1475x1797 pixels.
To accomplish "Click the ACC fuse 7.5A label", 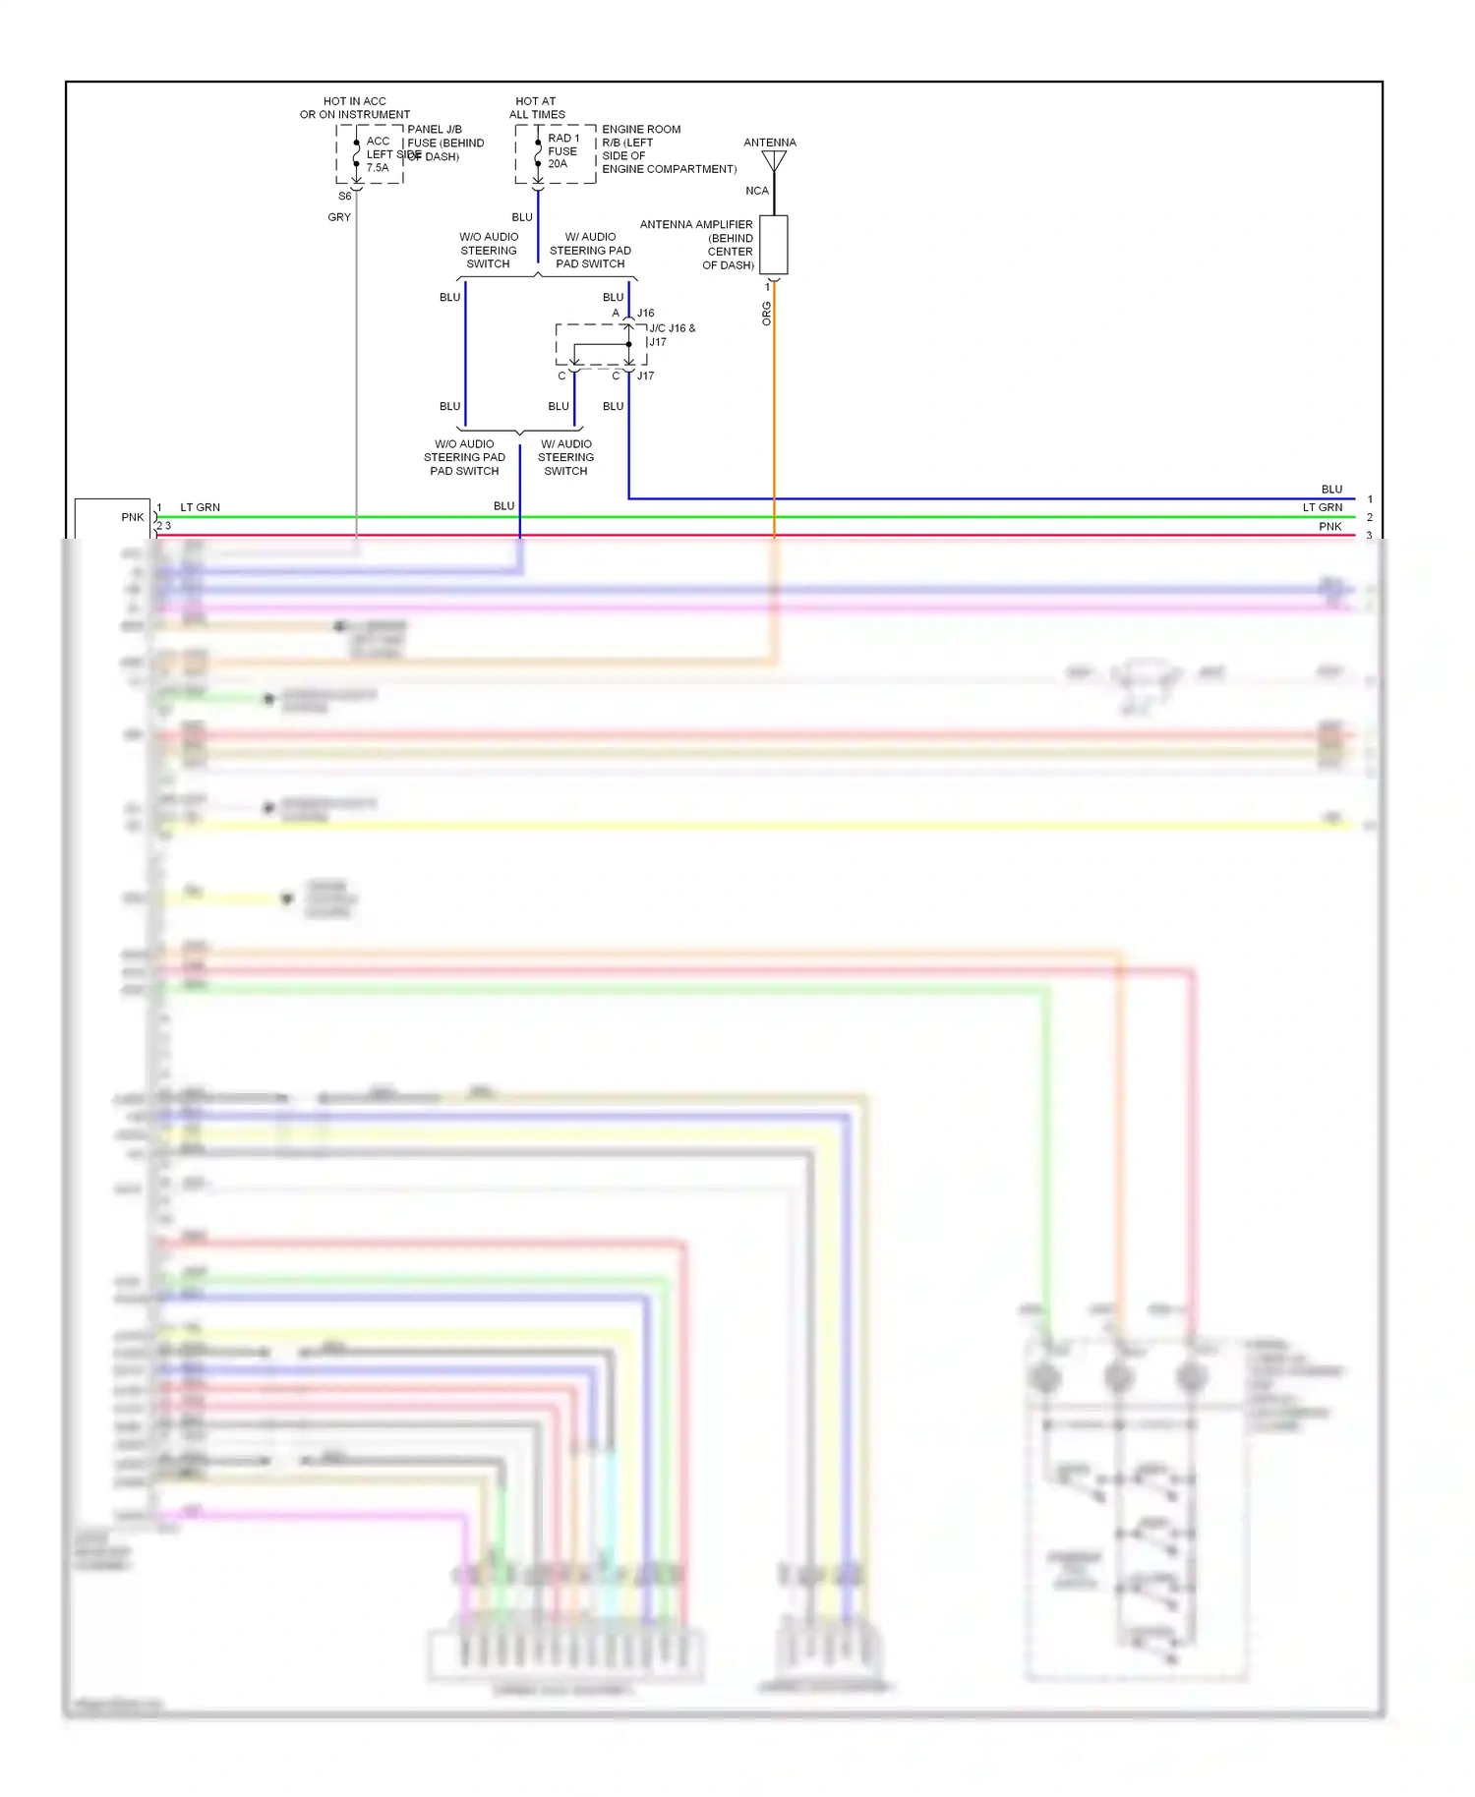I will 379,154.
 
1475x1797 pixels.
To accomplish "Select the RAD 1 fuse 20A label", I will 563,151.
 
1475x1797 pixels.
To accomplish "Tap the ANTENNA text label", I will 770,143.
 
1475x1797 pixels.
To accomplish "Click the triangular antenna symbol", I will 774,160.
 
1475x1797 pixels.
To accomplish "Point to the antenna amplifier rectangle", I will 774,245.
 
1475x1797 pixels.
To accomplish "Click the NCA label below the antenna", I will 756,191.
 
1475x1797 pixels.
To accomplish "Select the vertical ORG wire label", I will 766,314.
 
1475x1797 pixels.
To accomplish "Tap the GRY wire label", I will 339,217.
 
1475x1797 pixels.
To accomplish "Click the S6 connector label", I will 344,197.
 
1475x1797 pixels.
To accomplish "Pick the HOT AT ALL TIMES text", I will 537,108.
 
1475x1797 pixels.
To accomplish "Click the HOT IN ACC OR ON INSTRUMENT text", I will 355,108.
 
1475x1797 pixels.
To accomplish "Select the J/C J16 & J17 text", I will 672,334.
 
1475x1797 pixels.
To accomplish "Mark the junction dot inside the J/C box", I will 629,344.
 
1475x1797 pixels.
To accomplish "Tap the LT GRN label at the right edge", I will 1323,507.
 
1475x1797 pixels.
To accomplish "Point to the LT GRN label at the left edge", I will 201,507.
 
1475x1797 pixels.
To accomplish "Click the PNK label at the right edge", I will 1329,527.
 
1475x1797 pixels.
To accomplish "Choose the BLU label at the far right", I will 1331,489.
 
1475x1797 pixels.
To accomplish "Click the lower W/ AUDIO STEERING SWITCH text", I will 565,457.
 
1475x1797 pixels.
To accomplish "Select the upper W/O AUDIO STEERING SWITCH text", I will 489,251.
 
